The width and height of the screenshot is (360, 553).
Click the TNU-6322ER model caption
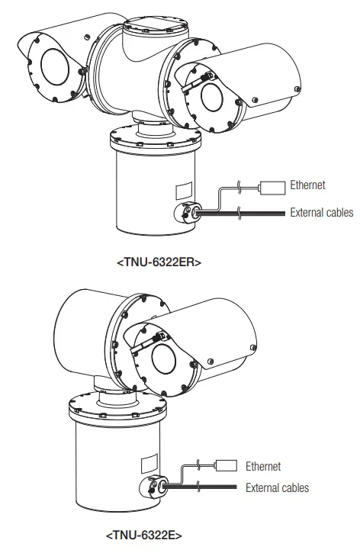click(x=159, y=262)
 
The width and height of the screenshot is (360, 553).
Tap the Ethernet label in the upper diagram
click(x=307, y=185)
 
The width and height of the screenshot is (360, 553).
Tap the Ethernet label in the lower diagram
click(x=263, y=466)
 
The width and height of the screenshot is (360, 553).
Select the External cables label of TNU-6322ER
click(x=323, y=213)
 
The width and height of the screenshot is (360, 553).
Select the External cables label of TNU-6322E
click(x=278, y=487)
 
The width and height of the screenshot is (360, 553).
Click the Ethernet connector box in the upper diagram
click(x=272, y=185)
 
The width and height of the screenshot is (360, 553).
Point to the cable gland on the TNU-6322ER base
click(x=187, y=214)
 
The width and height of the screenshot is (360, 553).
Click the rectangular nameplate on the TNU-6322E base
click(x=149, y=465)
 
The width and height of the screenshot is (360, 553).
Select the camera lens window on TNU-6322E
click(x=163, y=359)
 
